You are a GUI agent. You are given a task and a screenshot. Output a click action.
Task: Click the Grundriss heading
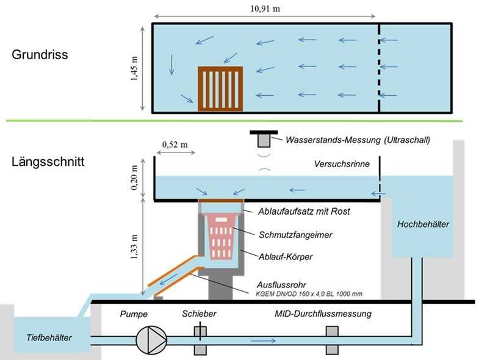[40, 55]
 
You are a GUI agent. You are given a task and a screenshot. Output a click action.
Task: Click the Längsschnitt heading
[48, 164]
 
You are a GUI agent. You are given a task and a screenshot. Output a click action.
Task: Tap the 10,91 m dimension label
[265, 9]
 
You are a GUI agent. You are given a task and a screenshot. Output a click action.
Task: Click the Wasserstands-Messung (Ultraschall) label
[358, 140]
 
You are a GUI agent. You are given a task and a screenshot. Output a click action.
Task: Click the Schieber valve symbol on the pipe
[202, 340]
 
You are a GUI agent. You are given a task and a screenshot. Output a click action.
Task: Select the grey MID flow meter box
[331, 340]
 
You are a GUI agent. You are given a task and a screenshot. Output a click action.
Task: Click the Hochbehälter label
[423, 225]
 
